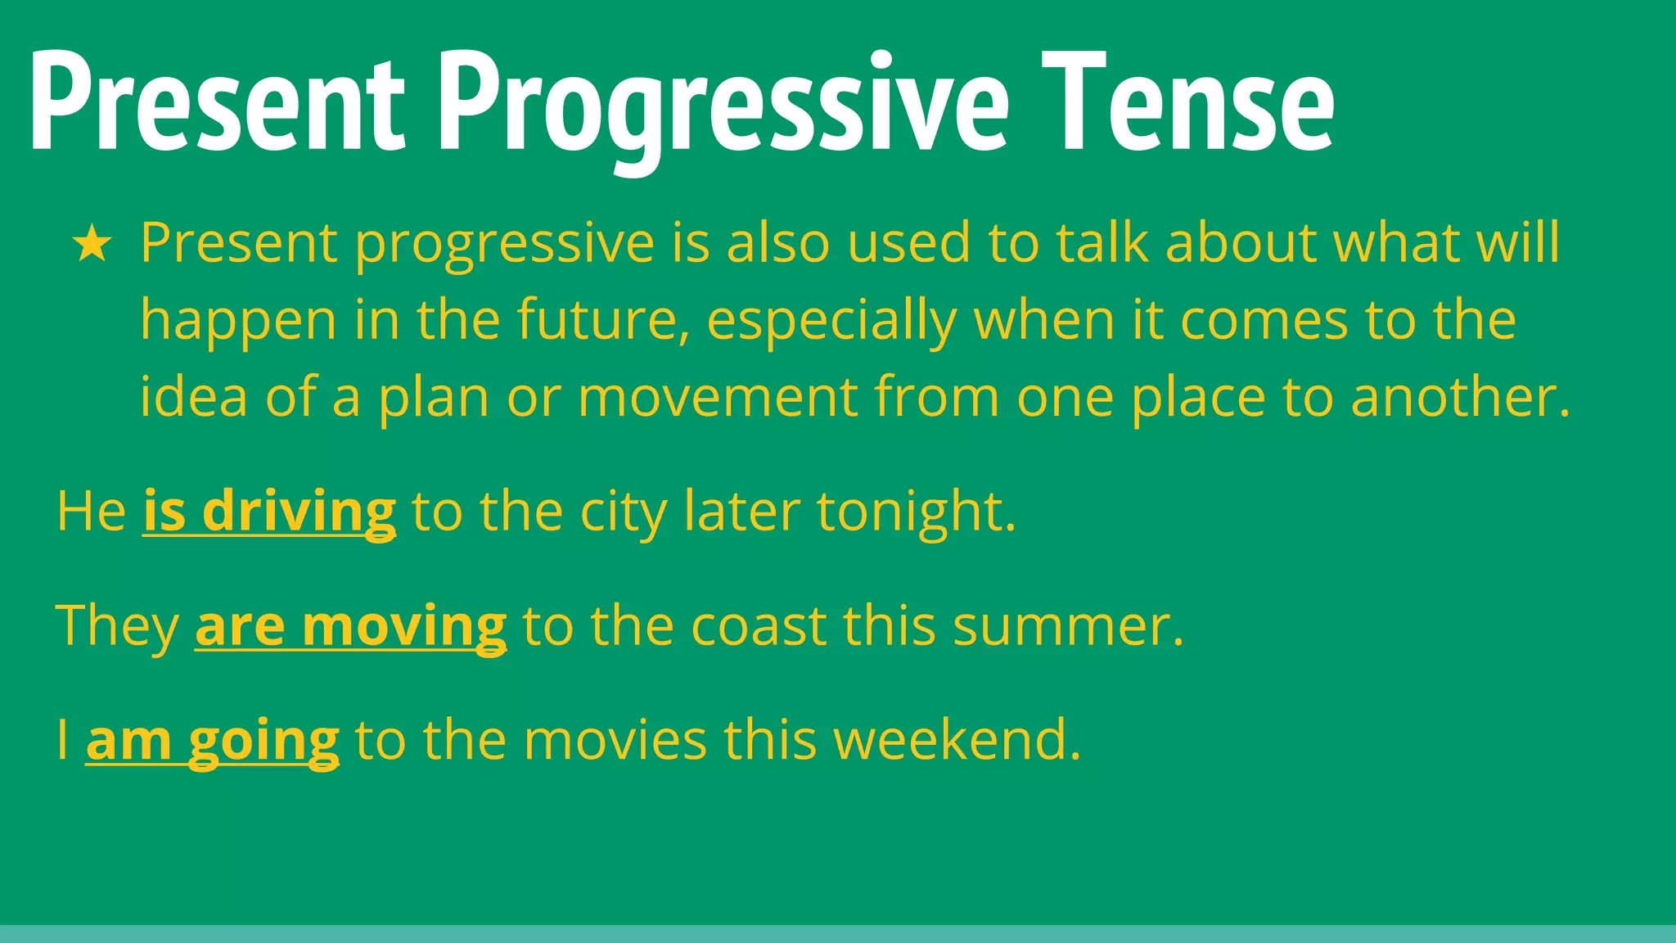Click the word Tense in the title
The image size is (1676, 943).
point(1187,102)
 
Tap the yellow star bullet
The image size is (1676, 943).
point(92,245)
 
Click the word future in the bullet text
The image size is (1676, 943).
point(601,320)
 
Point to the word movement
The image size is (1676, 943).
point(718,397)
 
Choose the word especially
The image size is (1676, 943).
point(831,322)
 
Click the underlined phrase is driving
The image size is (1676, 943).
point(269,512)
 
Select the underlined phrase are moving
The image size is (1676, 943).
point(350,627)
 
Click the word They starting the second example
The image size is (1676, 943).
point(117,627)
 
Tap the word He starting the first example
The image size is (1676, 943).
point(91,512)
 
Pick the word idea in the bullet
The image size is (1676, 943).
point(193,397)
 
